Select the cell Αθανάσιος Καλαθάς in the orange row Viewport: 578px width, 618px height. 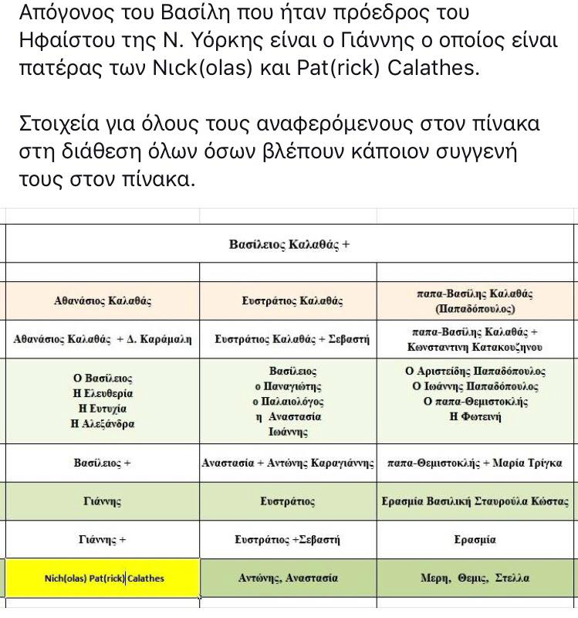[103, 301]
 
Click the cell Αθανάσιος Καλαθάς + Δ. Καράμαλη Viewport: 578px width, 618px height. [103, 338]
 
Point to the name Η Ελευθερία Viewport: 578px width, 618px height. [103, 393]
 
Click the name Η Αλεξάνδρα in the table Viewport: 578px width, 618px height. [103, 423]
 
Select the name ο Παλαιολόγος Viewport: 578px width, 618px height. [289, 402]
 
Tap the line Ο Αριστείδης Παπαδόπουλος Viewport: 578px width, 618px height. [475, 372]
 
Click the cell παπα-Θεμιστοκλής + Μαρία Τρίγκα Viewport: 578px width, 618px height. [475, 463]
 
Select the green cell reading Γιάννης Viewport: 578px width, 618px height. [103, 502]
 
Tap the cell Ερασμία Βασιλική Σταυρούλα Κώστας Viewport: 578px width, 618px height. [475, 502]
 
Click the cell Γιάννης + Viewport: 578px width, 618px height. [103, 540]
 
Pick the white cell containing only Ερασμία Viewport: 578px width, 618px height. [475, 540]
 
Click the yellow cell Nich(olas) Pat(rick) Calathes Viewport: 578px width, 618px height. [103, 578]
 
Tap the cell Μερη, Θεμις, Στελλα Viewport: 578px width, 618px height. [475, 578]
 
